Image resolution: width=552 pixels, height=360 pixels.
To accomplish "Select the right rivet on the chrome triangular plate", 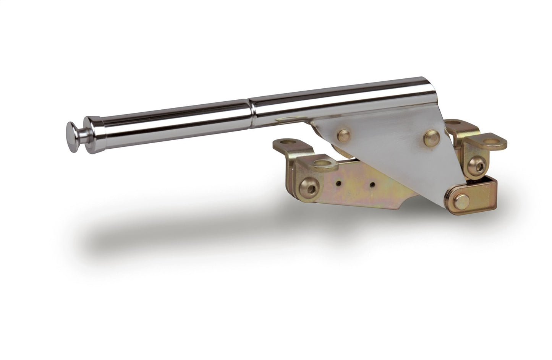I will [431, 135].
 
